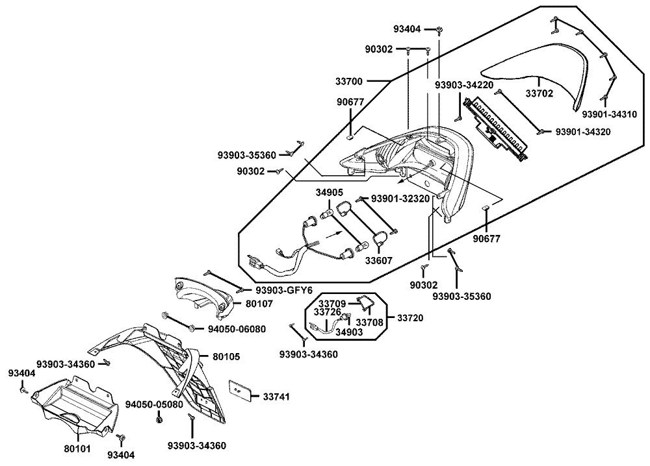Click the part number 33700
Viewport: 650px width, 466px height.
[349, 82]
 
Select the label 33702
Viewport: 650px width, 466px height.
[539, 93]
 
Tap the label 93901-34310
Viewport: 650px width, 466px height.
[610, 114]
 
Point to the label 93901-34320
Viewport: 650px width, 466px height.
[583, 132]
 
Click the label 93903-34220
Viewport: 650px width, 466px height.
[464, 85]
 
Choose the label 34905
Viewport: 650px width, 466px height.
[329, 193]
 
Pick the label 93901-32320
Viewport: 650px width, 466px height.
[400, 199]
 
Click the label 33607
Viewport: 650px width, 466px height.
[378, 260]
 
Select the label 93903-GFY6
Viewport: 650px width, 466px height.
[284, 290]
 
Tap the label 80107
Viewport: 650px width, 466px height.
[259, 304]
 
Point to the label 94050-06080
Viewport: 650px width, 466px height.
[237, 329]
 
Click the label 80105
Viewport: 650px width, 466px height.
[226, 356]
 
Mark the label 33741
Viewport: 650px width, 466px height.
[276, 397]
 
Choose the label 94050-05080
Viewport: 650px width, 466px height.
[154, 404]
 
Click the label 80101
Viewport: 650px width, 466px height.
[77, 448]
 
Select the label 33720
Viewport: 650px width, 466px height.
[410, 318]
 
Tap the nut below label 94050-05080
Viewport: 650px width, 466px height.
[158, 420]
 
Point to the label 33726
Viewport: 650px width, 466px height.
[328, 312]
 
